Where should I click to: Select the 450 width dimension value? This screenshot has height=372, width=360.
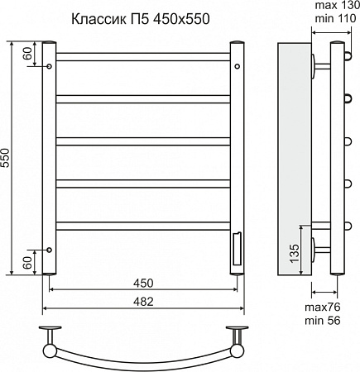click(143, 282)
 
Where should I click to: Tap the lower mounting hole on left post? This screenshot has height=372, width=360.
click(49, 249)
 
